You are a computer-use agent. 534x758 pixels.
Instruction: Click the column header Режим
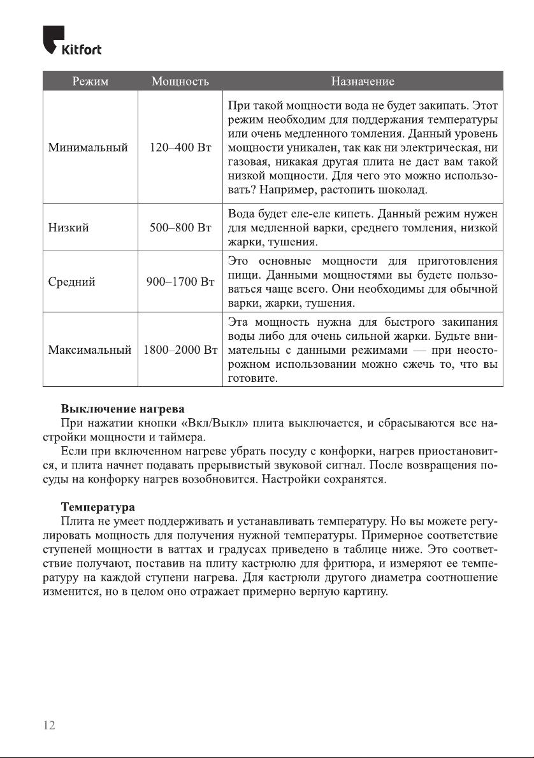(90, 82)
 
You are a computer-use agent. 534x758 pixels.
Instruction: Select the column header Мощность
(180, 82)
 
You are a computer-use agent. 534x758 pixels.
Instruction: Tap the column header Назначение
(362, 82)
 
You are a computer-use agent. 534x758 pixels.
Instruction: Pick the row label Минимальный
(88, 147)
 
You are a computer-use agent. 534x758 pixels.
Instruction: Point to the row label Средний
(72, 282)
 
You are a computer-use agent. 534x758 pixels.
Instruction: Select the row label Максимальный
(90, 350)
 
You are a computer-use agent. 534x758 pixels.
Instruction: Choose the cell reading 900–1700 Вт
(180, 282)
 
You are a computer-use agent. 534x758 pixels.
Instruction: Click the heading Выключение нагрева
(122, 408)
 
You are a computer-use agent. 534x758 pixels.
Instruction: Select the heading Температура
(97, 507)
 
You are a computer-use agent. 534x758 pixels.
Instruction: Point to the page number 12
(49, 725)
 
